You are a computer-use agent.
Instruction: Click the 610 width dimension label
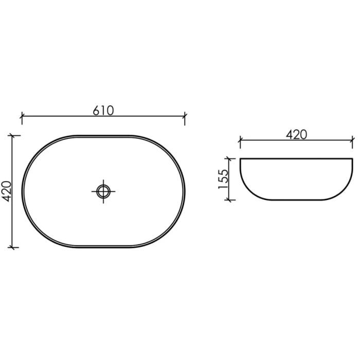pyautogui.click(x=103, y=111)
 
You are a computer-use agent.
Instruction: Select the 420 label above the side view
pyautogui.click(x=296, y=134)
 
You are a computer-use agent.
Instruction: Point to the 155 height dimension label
pyautogui.click(x=223, y=179)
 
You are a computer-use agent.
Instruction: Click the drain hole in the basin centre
pyautogui.click(x=103, y=191)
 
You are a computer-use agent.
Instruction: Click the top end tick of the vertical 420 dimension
pyautogui.click(x=14, y=136)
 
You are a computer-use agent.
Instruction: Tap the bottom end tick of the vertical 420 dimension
pyautogui.click(x=14, y=247)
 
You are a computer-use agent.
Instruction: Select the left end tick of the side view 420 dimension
pyautogui.click(x=240, y=140)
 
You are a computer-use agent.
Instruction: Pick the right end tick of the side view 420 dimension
pyautogui.click(x=353, y=140)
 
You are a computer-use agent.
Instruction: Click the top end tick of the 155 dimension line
pyautogui.click(x=230, y=158)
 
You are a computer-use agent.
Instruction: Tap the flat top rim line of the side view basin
pyautogui.click(x=296, y=158)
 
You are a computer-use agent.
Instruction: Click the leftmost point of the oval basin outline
pyautogui.click(x=22, y=191)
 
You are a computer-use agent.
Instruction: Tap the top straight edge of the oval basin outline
pyautogui.click(x=103, y=136)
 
